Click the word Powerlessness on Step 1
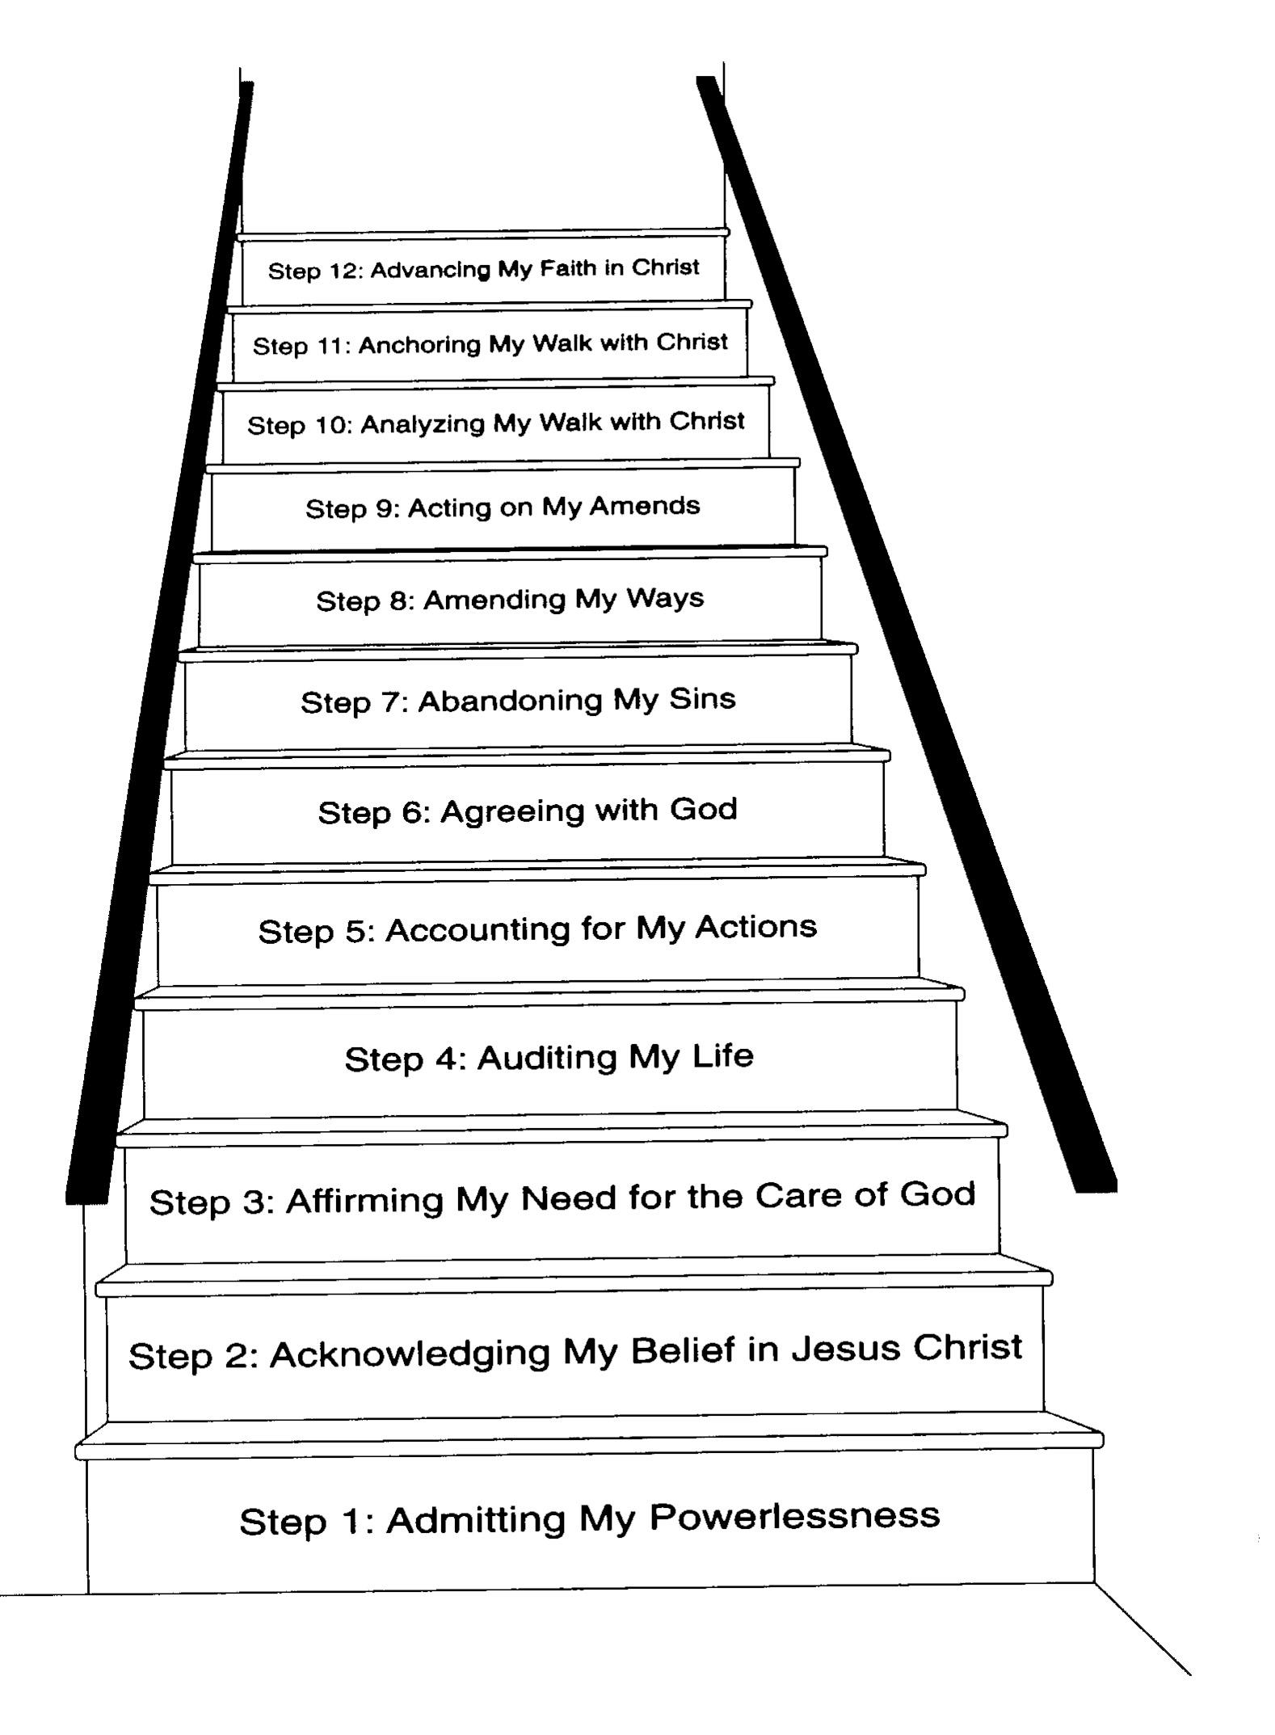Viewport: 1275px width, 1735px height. click(794, 1517)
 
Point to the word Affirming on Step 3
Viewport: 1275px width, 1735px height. click(364, 1202)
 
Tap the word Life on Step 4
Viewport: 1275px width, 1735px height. click(722, 1055)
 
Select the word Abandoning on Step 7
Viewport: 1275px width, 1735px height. click(510, 701)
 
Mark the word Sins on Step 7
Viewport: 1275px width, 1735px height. click(702, 698)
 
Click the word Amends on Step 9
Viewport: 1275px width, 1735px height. click(645, 507)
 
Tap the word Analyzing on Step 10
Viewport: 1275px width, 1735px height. click(423, 424)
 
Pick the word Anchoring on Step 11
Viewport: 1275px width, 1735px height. click(419, 345)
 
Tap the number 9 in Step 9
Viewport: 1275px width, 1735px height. click(384, 509)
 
